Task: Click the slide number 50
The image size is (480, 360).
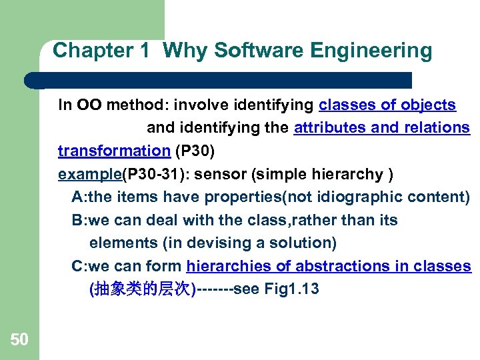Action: pos(19,340)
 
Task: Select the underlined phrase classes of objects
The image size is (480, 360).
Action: pos(387,105)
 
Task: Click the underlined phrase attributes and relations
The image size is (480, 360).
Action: pos(381,127)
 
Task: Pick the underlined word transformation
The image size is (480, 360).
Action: pos(114,151)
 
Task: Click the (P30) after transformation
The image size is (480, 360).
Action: pos(195,151)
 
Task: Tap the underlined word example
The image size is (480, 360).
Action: pos(90,174)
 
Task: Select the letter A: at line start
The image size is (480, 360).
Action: pos(79,197)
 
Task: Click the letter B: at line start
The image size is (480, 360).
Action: pos(79,220)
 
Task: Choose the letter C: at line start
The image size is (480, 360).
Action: pos(79,266)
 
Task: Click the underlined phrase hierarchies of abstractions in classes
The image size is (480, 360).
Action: pos(329,266)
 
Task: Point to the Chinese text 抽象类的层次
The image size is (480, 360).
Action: pos(141,289)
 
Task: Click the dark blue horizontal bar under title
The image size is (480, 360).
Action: pos(220,80)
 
